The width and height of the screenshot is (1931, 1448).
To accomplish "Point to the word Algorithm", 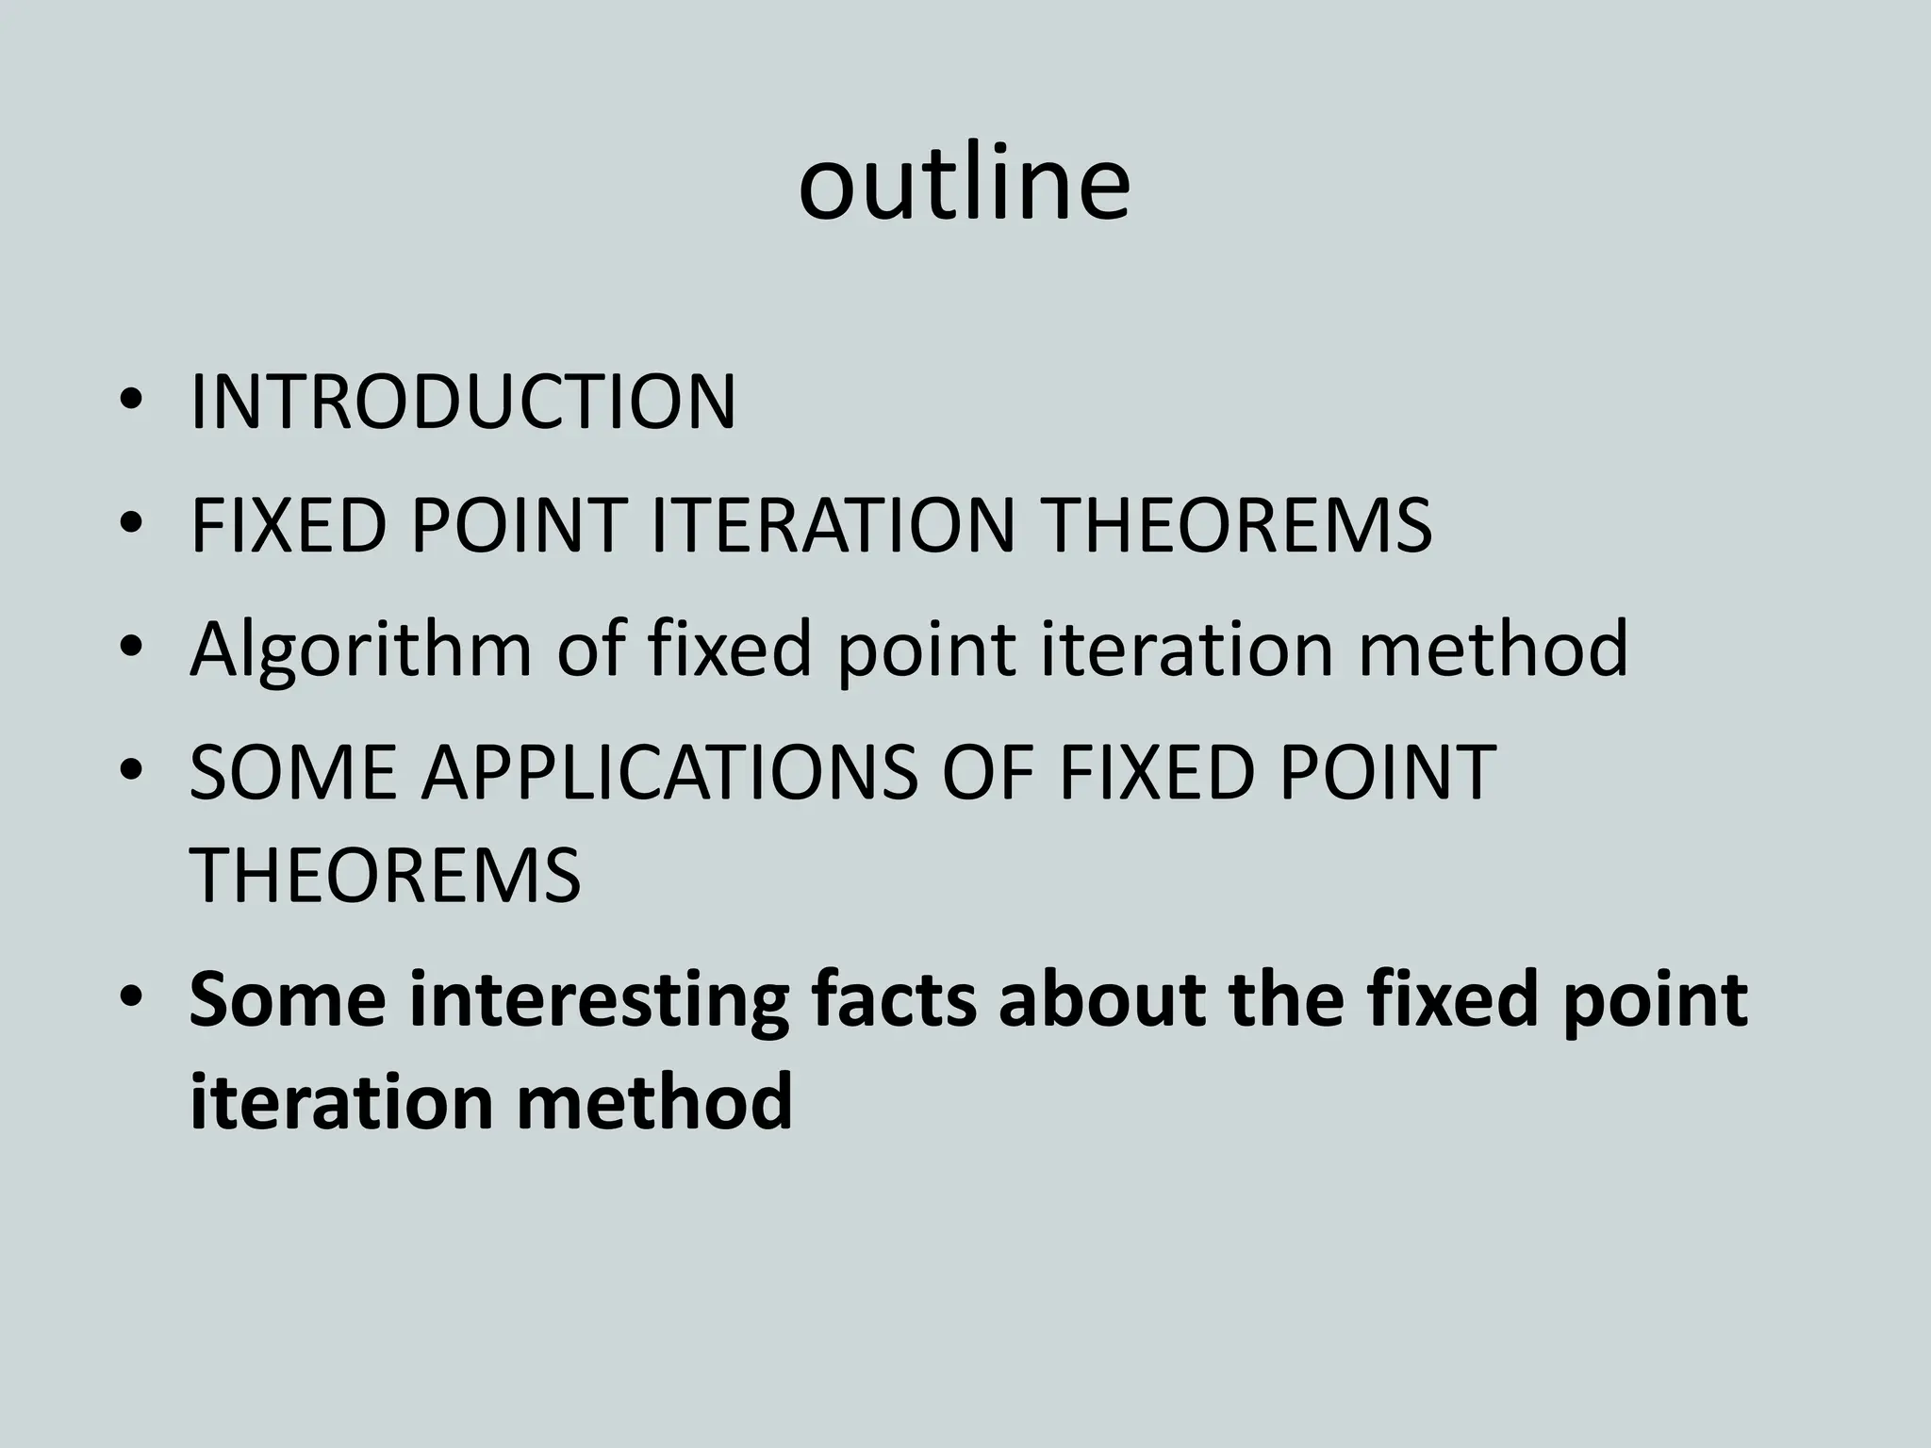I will tap(360, 650).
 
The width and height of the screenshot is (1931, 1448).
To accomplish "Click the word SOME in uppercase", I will tap(292, 772).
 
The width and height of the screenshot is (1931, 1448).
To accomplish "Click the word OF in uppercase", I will tap(987, 772).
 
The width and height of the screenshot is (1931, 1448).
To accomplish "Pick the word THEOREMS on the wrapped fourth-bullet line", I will tap(385, 876).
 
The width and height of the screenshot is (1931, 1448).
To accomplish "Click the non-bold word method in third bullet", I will tap(1492, 650).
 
